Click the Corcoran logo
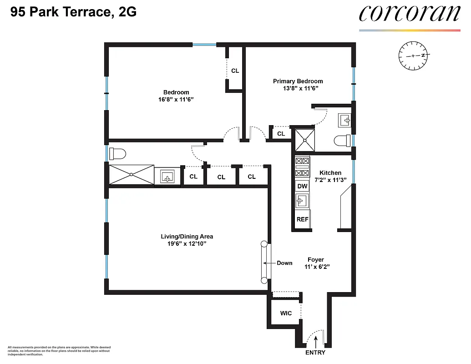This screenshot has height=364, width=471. (409, 13)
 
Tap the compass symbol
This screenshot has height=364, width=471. (414, 56)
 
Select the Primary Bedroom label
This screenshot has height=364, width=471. (298, 81)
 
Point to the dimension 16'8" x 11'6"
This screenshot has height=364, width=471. (176, 99)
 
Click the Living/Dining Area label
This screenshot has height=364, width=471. (187, 237)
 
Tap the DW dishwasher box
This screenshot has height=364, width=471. (302, 186)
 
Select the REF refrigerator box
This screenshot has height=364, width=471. (302, 219)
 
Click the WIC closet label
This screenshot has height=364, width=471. (285, 313)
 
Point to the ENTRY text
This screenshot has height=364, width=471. (315, 353)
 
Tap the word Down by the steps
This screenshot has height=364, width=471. (284, 263)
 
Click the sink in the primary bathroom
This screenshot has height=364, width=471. (345, 120)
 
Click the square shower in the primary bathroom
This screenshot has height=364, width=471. (304, 140)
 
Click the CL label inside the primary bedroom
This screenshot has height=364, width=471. (281, 134)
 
